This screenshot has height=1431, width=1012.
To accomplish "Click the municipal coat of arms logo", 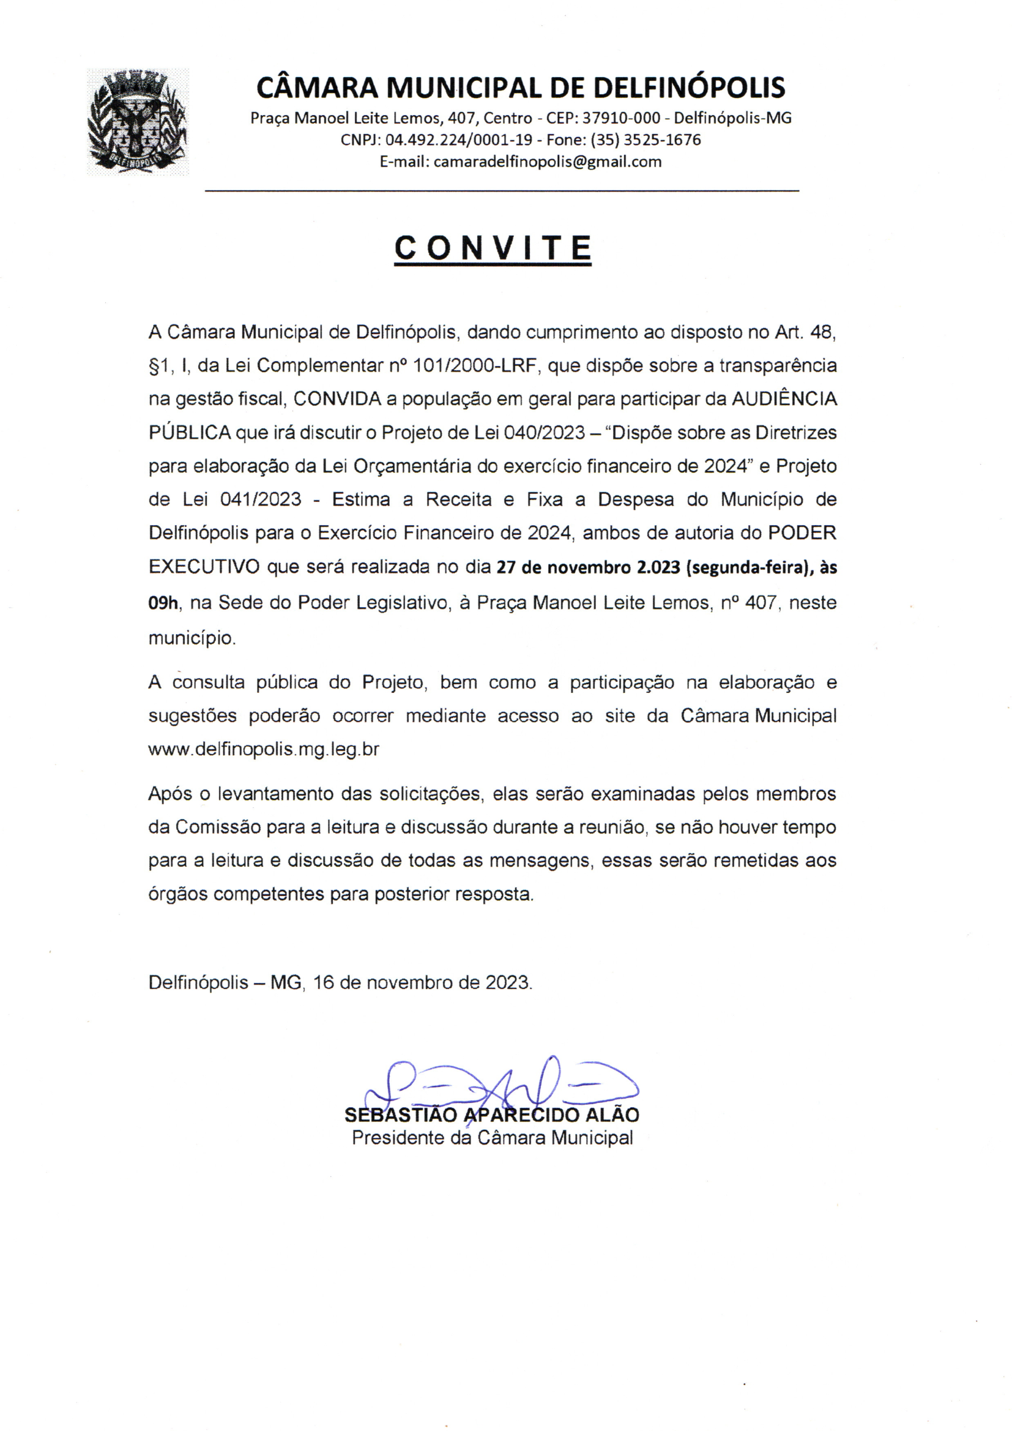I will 138,122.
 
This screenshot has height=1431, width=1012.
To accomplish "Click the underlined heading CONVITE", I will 493,248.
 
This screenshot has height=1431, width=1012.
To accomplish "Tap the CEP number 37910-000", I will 620,118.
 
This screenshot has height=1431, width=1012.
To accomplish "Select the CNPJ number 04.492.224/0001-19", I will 459,140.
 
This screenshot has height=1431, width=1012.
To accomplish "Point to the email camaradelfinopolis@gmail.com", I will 547,162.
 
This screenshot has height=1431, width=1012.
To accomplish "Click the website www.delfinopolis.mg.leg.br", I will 264,749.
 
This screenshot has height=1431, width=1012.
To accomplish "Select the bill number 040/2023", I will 544,433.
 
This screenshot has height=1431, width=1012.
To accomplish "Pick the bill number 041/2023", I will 261,499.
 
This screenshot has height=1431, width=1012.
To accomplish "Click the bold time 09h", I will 163,603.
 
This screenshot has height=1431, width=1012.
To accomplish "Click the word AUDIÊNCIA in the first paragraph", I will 783,399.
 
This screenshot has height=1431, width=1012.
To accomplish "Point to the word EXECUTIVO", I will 204,567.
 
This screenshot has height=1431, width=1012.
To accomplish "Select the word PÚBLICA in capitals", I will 190,433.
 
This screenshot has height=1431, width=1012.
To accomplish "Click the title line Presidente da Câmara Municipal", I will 493,1137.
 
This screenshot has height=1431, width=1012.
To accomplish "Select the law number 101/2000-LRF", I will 475,365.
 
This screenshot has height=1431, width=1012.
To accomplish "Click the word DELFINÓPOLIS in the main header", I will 688,88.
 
